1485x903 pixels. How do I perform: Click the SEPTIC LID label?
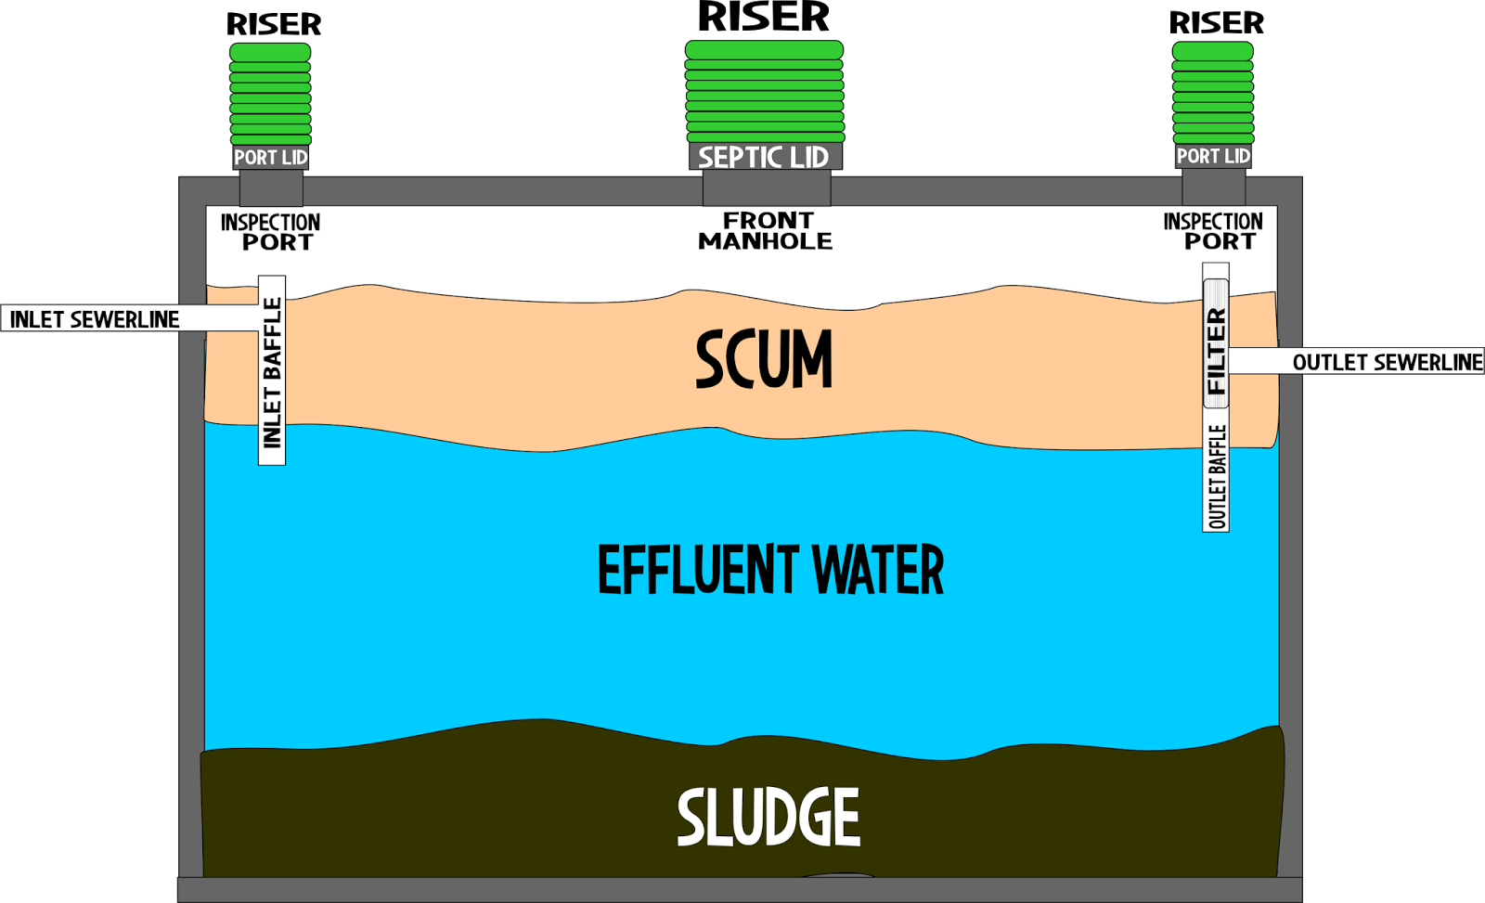click(764, 157)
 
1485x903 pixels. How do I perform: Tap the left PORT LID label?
click(270, 157)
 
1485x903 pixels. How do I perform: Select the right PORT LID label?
click(1213, 156)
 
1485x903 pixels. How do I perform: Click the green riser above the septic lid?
click(765, 91)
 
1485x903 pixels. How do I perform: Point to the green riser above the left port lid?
click(270, 94)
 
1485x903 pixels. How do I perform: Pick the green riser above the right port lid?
click(1213, 93)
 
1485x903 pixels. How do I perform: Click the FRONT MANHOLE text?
click(766, 231)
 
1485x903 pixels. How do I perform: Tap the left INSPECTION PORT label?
click(270, 232)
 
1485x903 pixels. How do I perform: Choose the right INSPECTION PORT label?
click(1213, 231)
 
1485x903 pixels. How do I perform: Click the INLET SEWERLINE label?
click(94, 319)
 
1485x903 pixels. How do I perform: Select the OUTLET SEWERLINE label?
click(1387, 362)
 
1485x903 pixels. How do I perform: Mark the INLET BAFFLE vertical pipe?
click(272, 371)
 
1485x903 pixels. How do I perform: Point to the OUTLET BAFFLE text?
click(1217, 476)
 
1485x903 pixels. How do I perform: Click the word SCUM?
click(764, 360)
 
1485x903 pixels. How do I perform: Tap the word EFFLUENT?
click(697, 570)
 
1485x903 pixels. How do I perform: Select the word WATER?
click(877, 570)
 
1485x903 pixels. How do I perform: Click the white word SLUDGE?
click(768, 818)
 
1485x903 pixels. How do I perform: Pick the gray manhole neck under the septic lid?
click(766, 187)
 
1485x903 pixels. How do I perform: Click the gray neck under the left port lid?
click(271, 187)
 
